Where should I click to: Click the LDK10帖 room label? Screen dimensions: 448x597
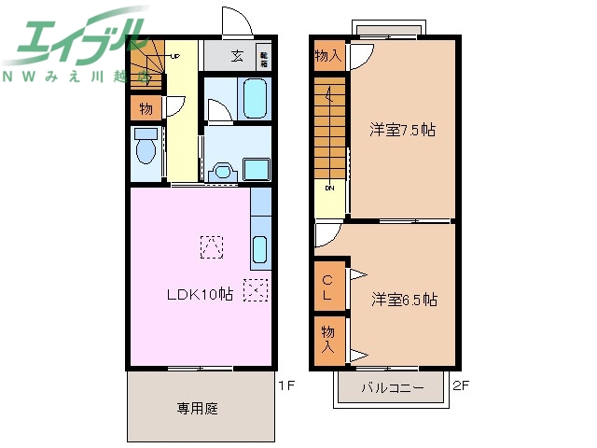coord(200,294)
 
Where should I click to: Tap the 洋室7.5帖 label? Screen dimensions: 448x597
coord(402,131)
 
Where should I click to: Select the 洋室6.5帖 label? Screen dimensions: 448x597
coord(404,300)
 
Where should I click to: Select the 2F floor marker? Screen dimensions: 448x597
coord(461,383)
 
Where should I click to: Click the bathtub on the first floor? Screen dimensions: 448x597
coord(254,98)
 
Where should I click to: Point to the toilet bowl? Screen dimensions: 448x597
coord(146,148)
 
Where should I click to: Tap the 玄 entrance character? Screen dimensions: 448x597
coord(239,56)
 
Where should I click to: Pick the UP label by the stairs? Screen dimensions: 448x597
coord(174,56)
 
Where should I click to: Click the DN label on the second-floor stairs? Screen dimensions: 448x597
coord(329,188)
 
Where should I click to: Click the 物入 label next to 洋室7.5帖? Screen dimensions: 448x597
coord(327,56)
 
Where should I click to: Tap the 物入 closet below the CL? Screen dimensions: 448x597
coord(327,338)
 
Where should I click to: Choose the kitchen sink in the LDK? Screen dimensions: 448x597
coord(259,250)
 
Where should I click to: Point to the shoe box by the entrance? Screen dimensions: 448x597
coord(264,57)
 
